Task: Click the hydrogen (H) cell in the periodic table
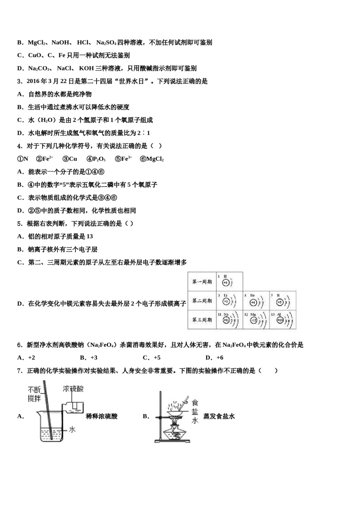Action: [229, 281]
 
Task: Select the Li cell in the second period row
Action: [229, 301]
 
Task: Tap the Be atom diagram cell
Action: [256, 301]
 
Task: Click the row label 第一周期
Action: [202, 282]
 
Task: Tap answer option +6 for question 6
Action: [214, 358]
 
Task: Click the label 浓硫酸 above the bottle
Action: [73, 389]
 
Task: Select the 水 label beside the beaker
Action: [72, 429]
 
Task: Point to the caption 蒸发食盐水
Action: [219, 416]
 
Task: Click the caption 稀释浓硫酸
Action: [102, 416]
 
